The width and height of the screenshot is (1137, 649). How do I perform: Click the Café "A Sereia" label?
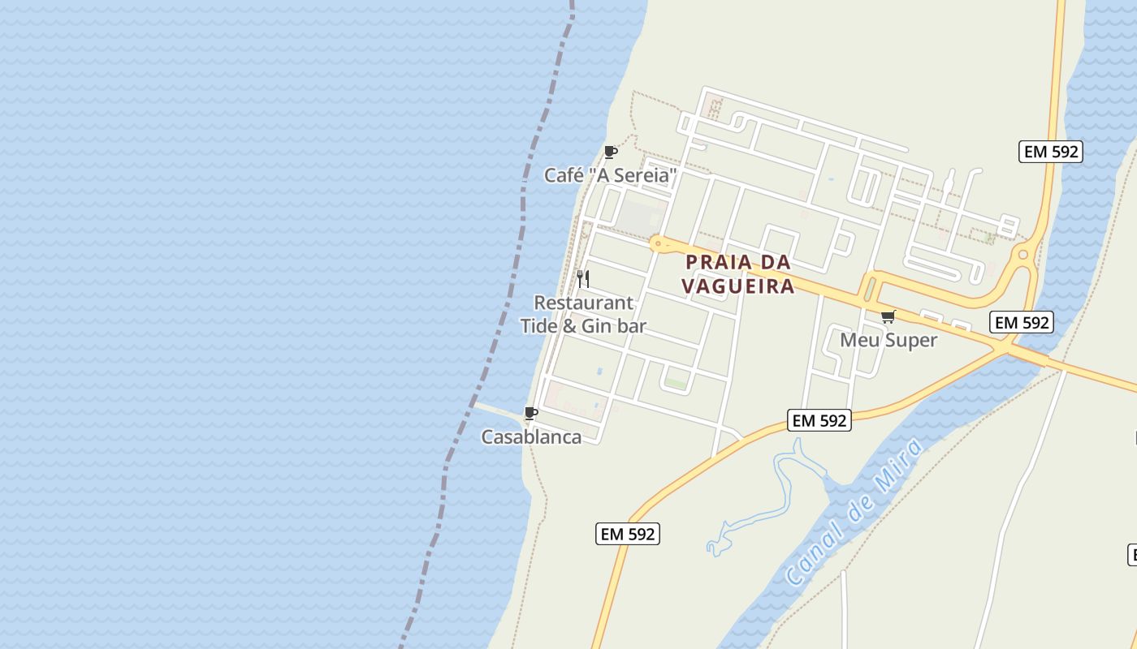[610, 175]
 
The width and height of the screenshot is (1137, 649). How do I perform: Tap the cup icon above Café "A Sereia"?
[611, 152]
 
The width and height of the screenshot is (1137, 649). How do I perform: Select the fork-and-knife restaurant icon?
[582, 279]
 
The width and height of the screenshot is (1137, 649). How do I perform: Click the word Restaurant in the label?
[583, 303]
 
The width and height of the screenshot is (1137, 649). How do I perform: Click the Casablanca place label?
[531, 437]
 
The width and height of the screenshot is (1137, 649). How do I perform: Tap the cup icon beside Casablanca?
[531, 414]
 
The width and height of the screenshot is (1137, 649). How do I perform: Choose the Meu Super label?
[888, 340]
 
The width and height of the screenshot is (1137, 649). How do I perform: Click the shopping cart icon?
[888, 316]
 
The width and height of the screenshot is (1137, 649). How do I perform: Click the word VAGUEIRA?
[737, 286]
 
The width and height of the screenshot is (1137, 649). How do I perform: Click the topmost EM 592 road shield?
[1051, 152]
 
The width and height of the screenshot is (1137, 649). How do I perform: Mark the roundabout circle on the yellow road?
[1022, 255]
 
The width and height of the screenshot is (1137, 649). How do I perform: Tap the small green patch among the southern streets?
[676, 381]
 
